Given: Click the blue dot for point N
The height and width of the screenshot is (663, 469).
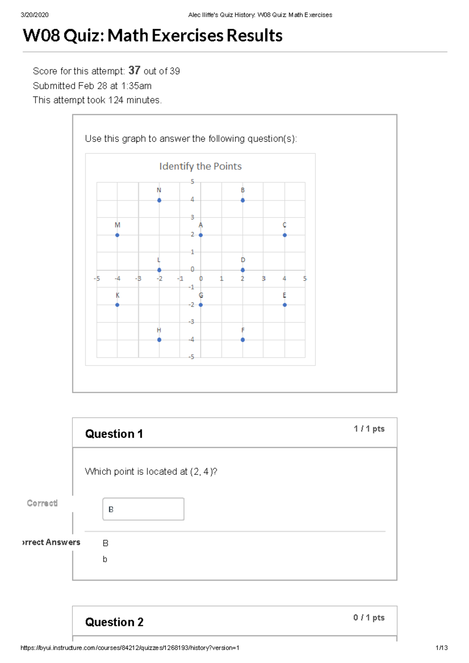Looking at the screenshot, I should click(x=159, y=200).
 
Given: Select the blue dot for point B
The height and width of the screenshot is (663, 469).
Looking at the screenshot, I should click(x=243, y=200).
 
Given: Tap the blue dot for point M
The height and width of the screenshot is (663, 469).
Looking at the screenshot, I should click(x=117, y=235).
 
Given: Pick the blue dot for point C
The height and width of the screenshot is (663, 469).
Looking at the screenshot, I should click(x=285, y=235).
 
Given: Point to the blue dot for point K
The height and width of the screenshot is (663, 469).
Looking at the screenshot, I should click(x=117, y=305).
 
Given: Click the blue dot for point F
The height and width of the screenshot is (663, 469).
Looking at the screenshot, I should click(x=243, y=340).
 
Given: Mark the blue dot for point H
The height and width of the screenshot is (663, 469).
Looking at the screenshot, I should click(x=159, y=340).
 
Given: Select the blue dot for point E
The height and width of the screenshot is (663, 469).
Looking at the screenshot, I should click(x=285, y=305).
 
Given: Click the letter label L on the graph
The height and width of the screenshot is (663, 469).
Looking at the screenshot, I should click(x=159, y=260).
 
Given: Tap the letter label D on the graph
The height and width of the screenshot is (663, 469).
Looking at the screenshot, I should click(x=243, y=260).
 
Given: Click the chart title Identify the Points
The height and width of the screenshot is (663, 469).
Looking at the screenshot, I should click(x=200, y=166).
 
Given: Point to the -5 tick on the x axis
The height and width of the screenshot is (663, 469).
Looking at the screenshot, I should click(x=97, y=279).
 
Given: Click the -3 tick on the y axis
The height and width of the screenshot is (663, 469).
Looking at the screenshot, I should click(x=191, y=322).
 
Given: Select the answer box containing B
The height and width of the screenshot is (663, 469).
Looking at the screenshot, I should click(x=143, y=509).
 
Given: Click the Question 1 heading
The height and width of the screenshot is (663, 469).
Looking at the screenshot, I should click(x=114, y=434).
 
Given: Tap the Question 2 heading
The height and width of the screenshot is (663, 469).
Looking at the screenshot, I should click(x=114, y=622).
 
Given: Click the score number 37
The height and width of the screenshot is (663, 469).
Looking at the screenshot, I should click(x=134, y=70).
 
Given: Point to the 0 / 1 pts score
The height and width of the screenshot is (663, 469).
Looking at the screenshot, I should click(x=369, y=617).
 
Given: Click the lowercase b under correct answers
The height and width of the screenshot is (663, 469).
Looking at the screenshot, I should click(x=105, y=560).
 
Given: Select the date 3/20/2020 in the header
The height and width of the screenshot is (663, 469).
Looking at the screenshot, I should click(x=34, y=15).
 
